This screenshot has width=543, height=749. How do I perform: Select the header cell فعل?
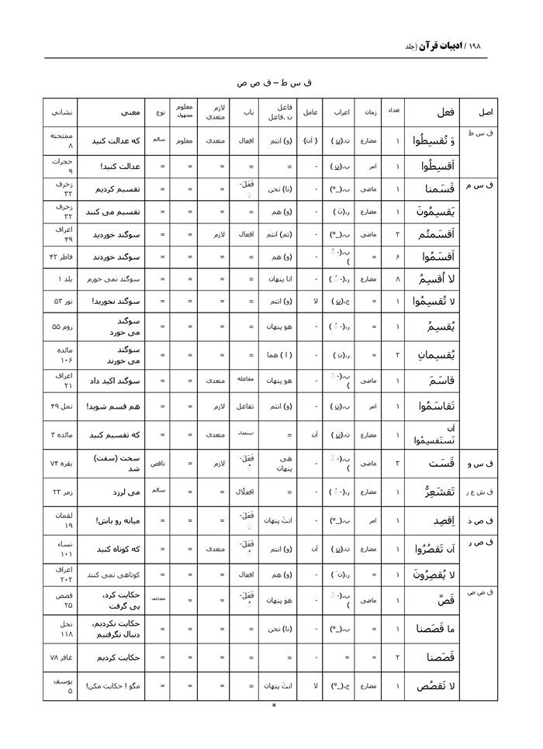coord(431,113)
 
